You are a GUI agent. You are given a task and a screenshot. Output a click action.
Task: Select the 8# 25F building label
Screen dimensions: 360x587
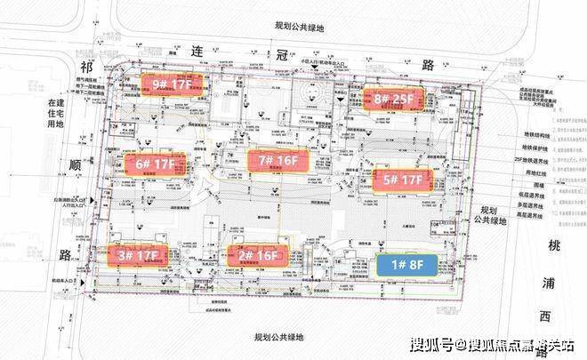coord(391,100)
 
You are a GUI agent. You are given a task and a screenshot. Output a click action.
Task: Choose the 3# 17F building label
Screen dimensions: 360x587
coord(138,256)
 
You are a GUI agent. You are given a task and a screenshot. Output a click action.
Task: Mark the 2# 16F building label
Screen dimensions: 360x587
coord(256,256)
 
